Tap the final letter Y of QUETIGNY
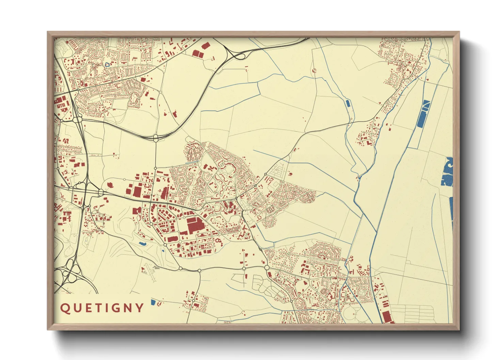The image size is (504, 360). click(x=140, y=308)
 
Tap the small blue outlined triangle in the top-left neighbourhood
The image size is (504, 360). click(x=108, y=64)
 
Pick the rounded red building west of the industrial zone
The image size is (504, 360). click(x=110, y=185)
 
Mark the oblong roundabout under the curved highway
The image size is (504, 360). click(x=156, y=138)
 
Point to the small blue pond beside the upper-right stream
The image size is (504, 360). click(x=348, y=103)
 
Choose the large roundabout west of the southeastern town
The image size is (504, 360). click(x=267, y=268)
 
